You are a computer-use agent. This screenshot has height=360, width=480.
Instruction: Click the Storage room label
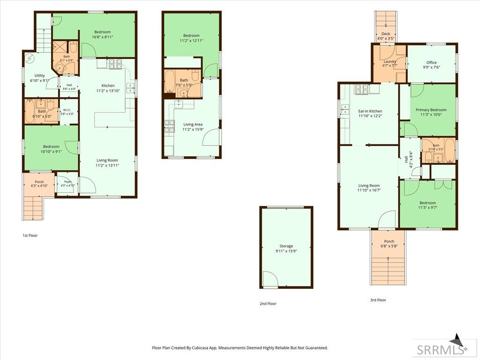[286, 246]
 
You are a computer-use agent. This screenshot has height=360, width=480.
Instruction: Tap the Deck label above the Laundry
[386, 34]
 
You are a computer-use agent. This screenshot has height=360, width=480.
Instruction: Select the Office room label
[432, 62]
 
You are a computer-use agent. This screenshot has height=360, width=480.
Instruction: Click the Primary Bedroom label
[431, 110]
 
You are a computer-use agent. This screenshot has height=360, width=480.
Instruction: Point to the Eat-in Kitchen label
[370, 111]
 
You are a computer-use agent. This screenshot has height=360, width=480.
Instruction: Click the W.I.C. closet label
[67, 110]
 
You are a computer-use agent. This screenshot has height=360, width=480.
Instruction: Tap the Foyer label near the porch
[67, 182]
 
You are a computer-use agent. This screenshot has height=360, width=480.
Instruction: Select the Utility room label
[39, 75]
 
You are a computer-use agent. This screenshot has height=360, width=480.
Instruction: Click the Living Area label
[193, 124]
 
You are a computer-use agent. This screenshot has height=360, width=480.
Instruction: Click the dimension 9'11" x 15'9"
[286, 251]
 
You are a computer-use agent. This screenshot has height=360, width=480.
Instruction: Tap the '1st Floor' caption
[30, 235]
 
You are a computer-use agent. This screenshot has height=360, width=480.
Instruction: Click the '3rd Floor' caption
[378, 300]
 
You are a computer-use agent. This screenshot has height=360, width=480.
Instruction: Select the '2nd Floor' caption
[268, 304]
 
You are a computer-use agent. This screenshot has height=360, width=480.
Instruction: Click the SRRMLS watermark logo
[440, 350]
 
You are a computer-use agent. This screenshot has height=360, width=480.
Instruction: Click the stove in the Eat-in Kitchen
[362, 89]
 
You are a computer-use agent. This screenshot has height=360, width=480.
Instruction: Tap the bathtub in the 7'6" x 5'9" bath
[169, 82]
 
